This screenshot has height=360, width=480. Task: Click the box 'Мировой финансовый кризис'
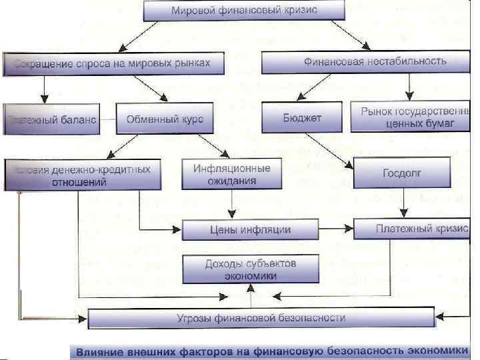pos(245,11)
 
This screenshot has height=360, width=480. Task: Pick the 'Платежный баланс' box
pos(50,119)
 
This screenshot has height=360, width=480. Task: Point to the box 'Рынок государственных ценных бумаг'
pos(410,117)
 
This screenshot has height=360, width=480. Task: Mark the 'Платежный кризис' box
pos(411,229)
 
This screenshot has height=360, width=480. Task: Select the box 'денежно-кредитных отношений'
pos(83,175)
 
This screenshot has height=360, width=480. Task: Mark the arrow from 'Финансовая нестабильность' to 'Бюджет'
pos(319,87)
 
